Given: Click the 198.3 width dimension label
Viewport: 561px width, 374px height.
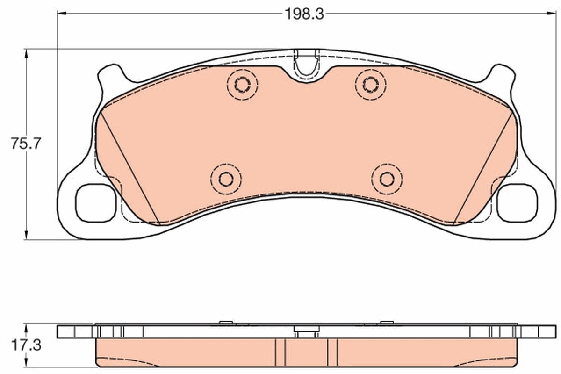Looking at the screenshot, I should [x=304, y=14].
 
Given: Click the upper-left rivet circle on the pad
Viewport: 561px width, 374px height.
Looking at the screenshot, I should [x=242, y=85].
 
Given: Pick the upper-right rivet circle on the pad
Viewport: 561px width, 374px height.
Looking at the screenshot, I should [x=371, y=85].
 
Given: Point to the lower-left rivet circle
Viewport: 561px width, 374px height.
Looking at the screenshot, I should [x=226, y=179].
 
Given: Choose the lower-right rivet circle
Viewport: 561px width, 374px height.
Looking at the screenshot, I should [x=387, y=179].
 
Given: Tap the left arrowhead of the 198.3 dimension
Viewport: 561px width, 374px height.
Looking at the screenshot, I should [x=61, y=14].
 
